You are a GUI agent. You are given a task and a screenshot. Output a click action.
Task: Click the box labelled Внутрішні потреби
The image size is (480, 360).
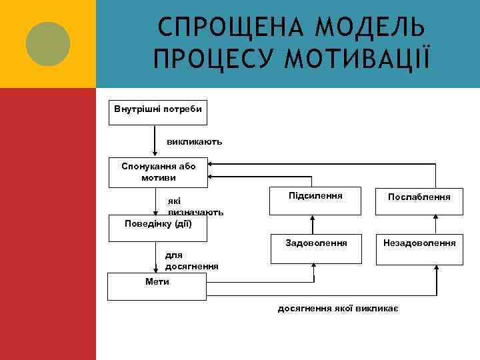pos(159,113)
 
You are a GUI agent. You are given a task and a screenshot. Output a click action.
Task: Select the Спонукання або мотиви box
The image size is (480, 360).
pos(159,172)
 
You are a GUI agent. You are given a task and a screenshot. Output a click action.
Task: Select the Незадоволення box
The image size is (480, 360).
pos(419,246)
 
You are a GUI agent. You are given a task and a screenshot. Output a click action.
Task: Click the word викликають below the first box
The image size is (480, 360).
pos(194,142)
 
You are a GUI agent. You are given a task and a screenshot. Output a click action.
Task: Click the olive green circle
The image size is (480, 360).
pos(47,43)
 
